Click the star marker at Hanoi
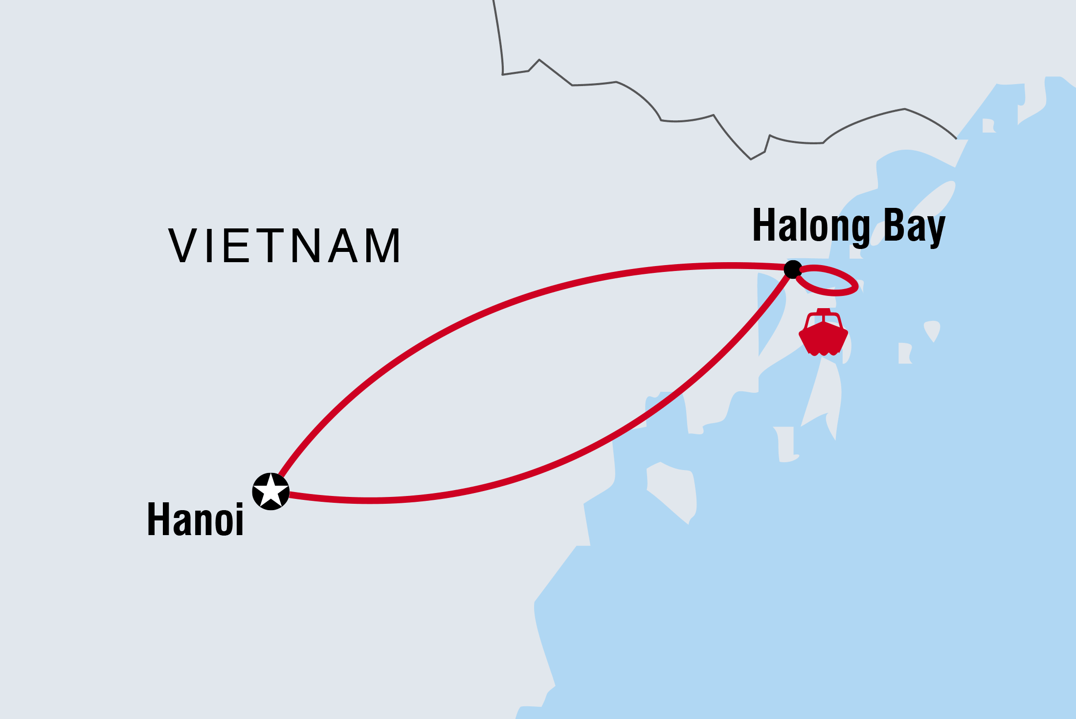[270, 491]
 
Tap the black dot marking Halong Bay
[792, 269]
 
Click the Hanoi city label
[195, 519]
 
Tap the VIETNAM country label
[285, 246]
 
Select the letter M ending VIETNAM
[384, 246]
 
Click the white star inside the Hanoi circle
[270, 490]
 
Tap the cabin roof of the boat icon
[824, 311]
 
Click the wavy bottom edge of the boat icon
[823, 352]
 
